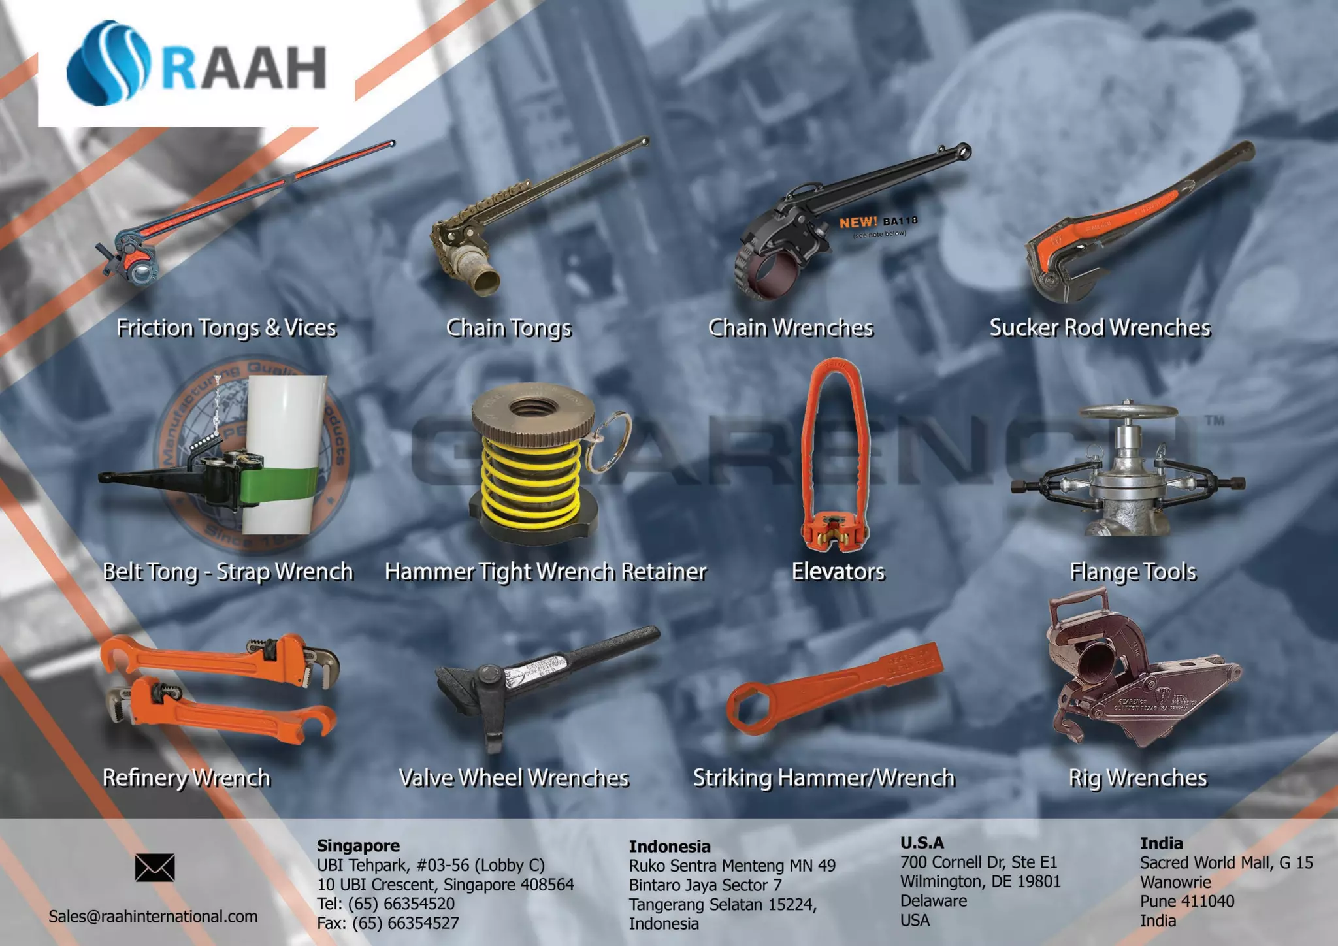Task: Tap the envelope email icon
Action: pos(155,868)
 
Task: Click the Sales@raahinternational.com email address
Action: pos(153,916)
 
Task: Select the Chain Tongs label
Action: pos(508,328)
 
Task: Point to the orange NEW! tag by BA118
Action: pos(858,223)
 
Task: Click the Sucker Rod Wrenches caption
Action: pos(1100,328)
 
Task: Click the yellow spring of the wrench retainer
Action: pos(530,483)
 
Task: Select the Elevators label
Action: pos(838,572)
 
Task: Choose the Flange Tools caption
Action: pos(1132,572)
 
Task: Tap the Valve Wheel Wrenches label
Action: pos(514,778)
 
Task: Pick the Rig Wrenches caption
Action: pos(1137,778)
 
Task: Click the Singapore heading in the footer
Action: pos(358,845)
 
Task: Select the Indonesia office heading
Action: pos(669,847)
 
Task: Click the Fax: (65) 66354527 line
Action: pos(387,923)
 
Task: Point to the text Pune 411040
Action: pos(1187,902)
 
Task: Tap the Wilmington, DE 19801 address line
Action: pos(980,881)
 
